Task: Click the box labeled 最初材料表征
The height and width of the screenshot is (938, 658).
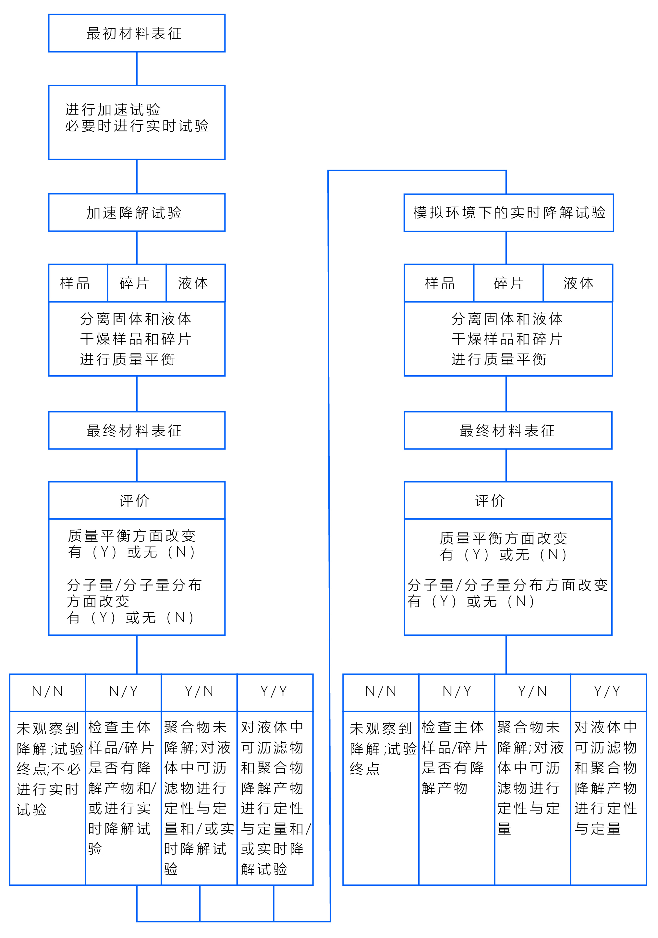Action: (x=137, y=33)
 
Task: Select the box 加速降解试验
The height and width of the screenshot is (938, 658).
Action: (x=137, y=212)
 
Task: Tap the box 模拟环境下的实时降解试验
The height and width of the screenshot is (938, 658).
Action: (x=509, y=213)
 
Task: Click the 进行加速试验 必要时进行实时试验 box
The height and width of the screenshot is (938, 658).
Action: (x=137, y=123)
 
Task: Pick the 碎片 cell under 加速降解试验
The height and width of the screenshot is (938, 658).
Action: (x=137, y=283)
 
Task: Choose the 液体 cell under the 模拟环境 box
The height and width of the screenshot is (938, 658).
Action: (x=578, y=283)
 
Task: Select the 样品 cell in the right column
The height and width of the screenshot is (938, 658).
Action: (x=439, y=283)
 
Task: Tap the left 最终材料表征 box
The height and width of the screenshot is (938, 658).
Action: (x=137, y=430)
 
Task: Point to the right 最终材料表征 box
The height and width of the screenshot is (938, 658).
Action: (x=508, y=430)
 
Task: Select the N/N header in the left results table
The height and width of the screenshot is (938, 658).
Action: (x=47, y=691)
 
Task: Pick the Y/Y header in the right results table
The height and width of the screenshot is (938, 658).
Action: (x=608, y=691)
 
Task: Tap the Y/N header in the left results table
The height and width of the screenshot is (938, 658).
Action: (x=199, y=691)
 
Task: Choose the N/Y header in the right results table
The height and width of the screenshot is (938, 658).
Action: (x=457, y=691)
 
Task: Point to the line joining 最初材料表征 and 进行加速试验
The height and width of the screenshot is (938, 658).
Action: (x=137, y=69)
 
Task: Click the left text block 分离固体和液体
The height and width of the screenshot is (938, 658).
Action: (x=136, y=319)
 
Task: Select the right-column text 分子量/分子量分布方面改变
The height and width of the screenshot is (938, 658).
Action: (x=507, y=585)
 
